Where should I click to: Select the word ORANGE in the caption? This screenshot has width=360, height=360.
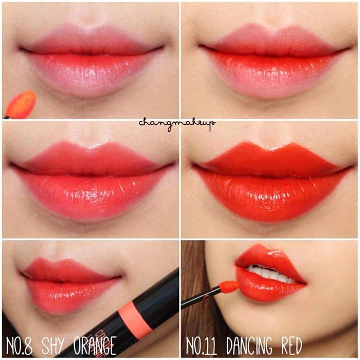click(x=95, y=345)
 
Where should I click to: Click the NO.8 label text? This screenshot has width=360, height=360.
click(x=19, y=346)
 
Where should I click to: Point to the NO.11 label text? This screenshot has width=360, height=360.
click(x=201, y=346)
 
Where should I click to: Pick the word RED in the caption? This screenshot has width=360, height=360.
click(x=292, y=346)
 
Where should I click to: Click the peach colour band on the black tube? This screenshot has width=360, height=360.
click(x=136, y=318)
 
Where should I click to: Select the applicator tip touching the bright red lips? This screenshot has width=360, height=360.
click(x=229, y=286)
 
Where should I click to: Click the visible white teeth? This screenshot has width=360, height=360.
click(x=271, y=274)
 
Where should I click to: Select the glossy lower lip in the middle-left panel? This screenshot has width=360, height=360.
click(x=92, y=195)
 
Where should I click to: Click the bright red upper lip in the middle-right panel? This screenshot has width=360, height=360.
click(x=271, y=159)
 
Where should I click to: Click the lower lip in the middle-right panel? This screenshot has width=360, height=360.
click(x=271, y=197)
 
